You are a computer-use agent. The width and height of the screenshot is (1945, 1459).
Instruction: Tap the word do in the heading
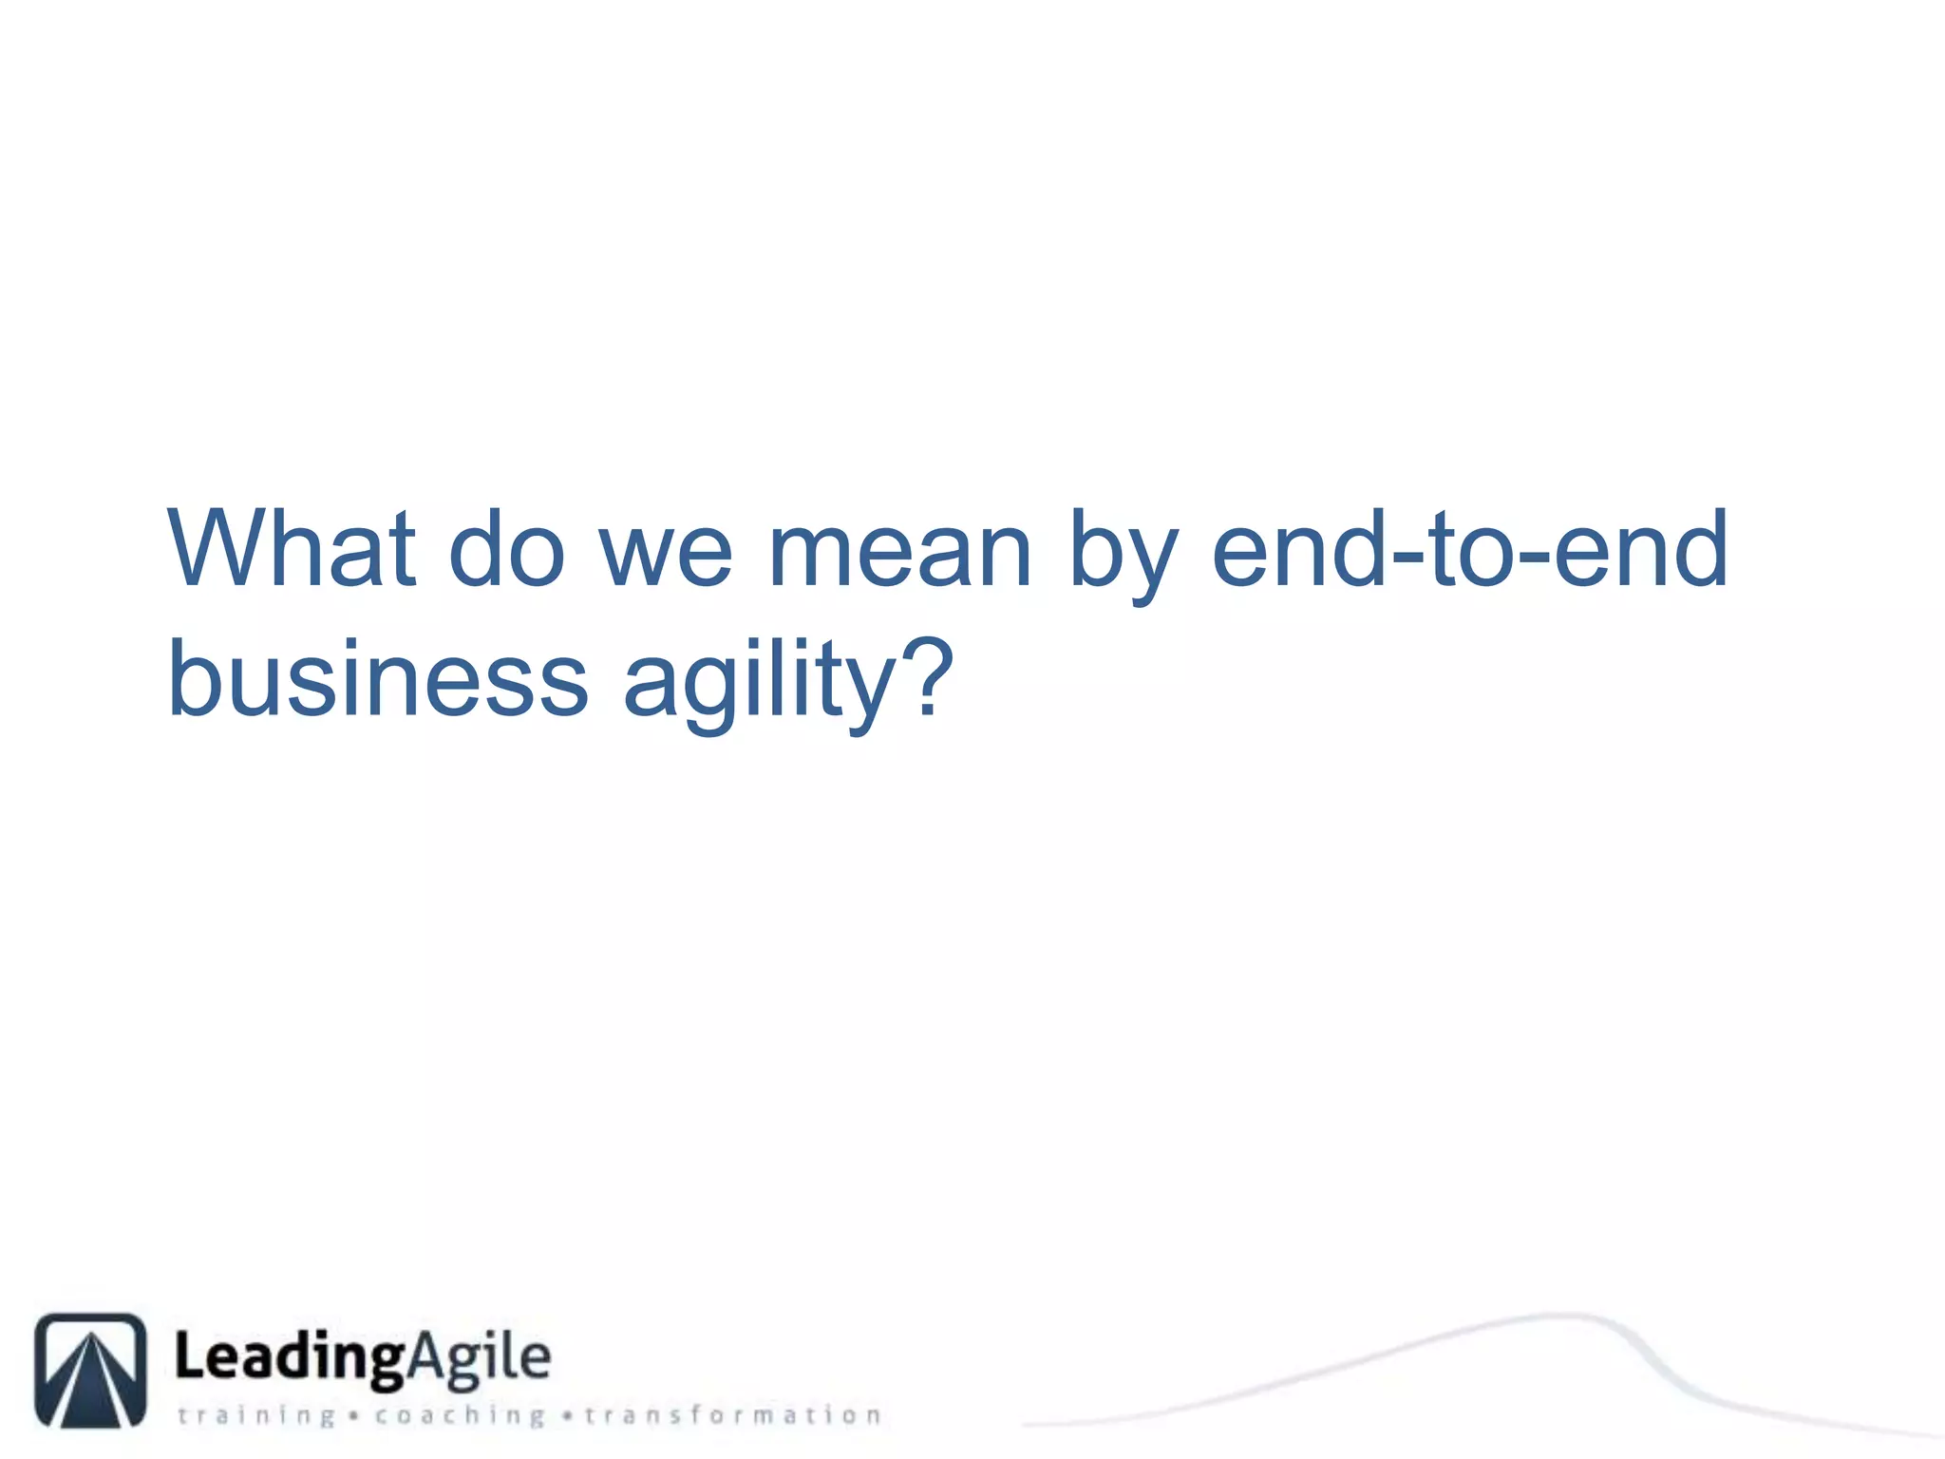click(x=506, y=549)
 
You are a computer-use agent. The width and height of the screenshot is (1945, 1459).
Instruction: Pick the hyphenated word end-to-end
click(x=1469, y=549)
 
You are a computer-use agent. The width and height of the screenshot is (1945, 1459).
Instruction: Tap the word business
click(x=378, y=678)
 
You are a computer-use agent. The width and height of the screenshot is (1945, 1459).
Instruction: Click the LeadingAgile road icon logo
click(x=91, y=1370)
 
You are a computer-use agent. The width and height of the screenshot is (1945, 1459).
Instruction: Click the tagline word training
click(x=256, y=1416)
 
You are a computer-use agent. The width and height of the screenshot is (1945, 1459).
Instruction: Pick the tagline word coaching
click(x=460, y=1416)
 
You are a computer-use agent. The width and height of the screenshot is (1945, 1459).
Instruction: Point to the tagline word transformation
click(x=732, y=1416)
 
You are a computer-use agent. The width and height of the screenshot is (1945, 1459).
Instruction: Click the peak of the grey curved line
click(x=1558, y=1316)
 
